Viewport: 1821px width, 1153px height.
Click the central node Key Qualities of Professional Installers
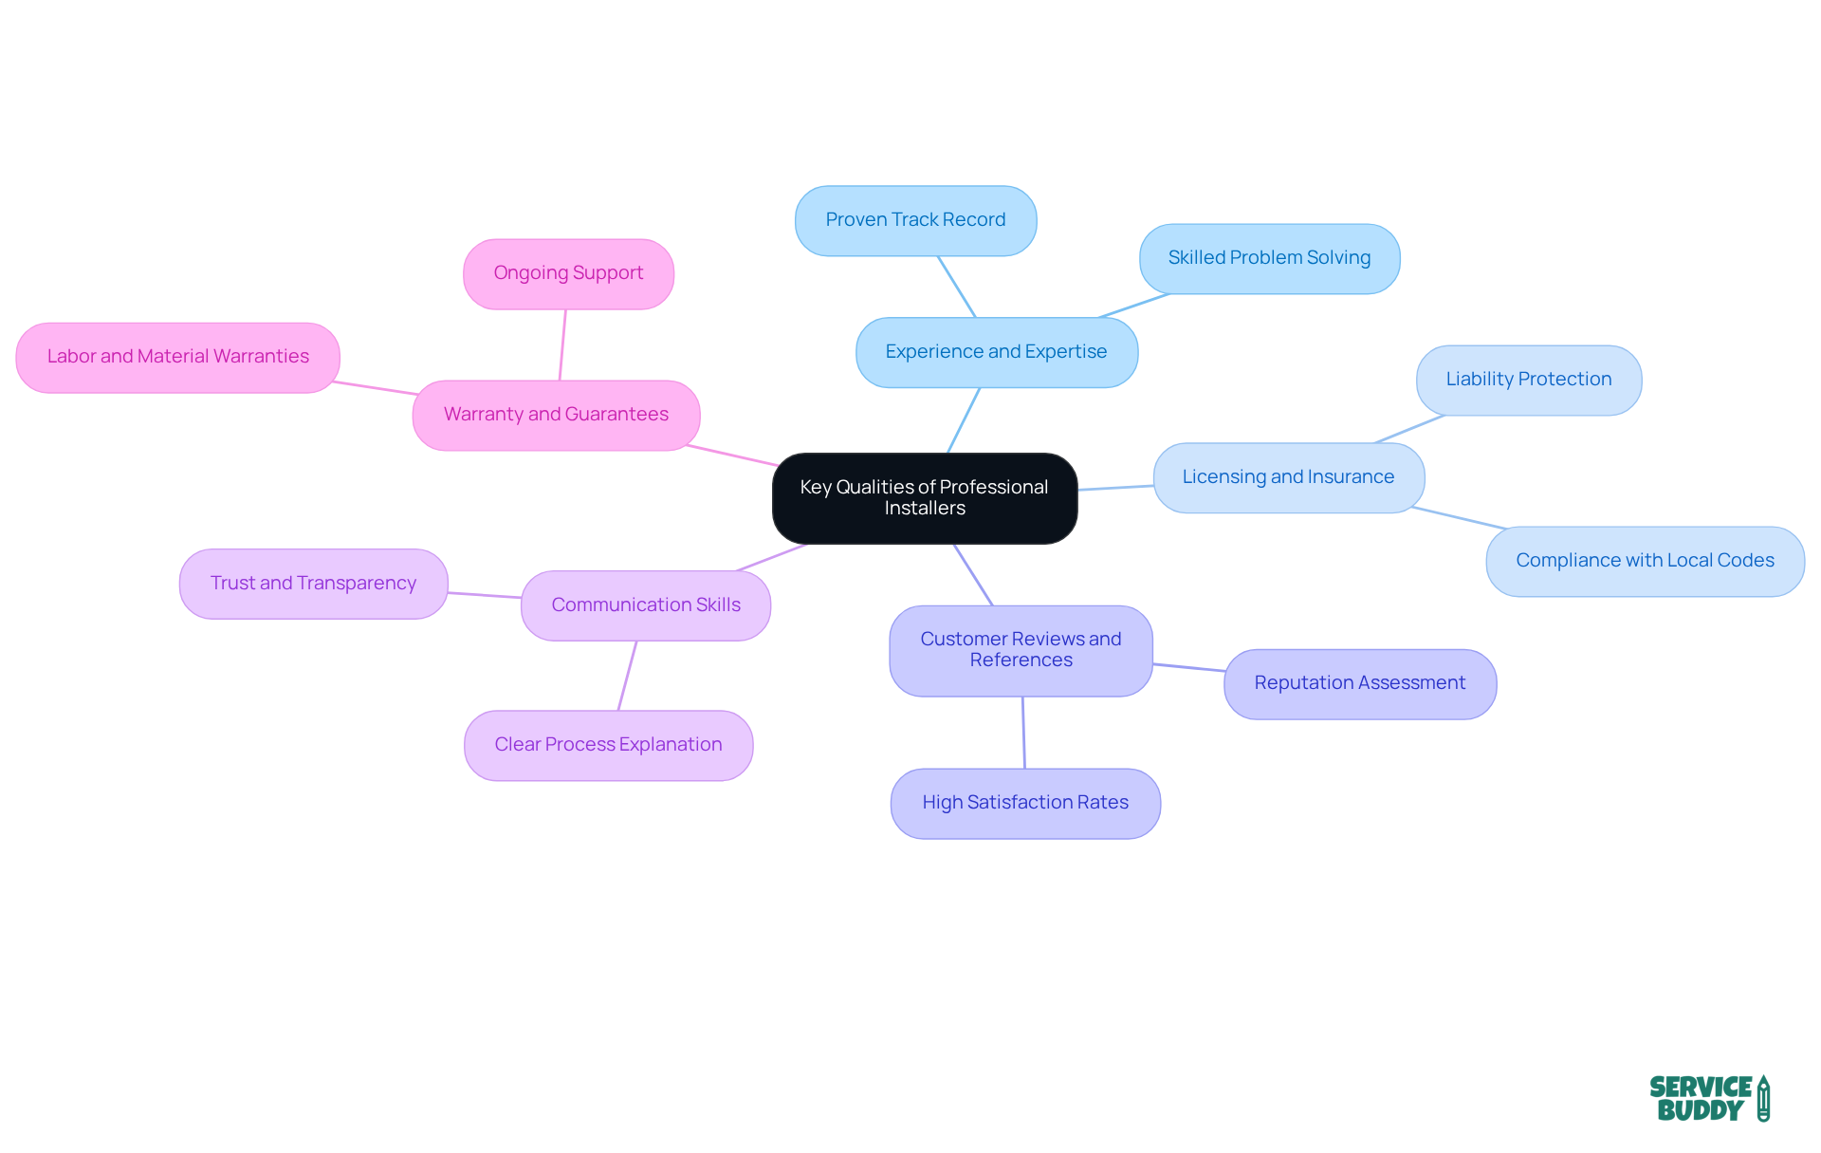(925, 498)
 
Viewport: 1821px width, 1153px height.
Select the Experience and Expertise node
(996, 352)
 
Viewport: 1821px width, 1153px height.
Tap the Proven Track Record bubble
(915, 220)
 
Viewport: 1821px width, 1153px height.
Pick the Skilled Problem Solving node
(1269, 258)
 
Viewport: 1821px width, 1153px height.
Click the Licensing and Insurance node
(1288, 477)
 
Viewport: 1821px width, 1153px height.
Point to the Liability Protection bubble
(1528, 380)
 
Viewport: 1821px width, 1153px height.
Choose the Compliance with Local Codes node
(1645, 561)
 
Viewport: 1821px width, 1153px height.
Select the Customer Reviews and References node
(1021, 650)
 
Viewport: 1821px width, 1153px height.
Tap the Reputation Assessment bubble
(1359, 683)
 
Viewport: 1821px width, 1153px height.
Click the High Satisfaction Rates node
(1025, 803)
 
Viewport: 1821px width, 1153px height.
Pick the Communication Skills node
(646, 605)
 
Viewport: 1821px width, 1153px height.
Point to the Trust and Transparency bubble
(313, 584)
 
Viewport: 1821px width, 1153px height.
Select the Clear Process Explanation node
(608, 745)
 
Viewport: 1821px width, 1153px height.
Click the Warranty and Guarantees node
(556, 415)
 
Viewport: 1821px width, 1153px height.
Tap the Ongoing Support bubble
(568, 273)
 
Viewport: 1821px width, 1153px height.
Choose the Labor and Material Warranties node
(177, 357)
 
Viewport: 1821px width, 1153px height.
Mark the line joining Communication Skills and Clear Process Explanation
(627, 676)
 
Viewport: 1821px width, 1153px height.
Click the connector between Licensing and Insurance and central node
(1115, 488)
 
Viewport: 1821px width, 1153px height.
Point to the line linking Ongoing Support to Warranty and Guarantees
(562, 344)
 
